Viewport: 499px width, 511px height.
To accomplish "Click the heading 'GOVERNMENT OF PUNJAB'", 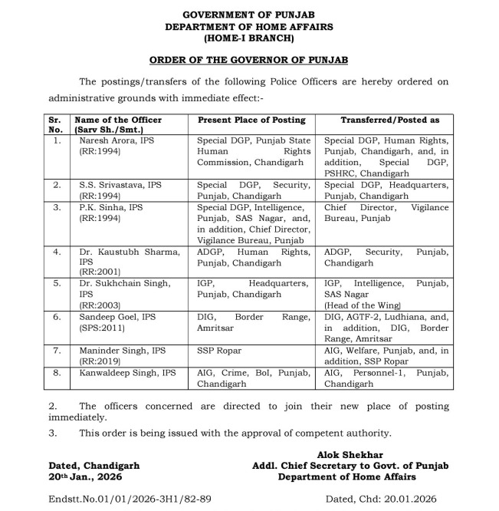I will pos(248,15).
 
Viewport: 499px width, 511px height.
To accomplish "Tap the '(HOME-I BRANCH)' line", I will pos(248,37).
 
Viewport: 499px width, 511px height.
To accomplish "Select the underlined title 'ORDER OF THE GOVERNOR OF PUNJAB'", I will pos(248,60).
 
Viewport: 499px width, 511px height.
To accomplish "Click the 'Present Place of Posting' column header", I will pos(251,120).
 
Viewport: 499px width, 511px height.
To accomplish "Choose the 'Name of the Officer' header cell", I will pos(117,120).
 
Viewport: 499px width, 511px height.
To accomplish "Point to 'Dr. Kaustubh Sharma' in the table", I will pos(127,251).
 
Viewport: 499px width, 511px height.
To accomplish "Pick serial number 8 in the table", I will pos(56,373).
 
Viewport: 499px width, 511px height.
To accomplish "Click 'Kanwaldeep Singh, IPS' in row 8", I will pos(127,373).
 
